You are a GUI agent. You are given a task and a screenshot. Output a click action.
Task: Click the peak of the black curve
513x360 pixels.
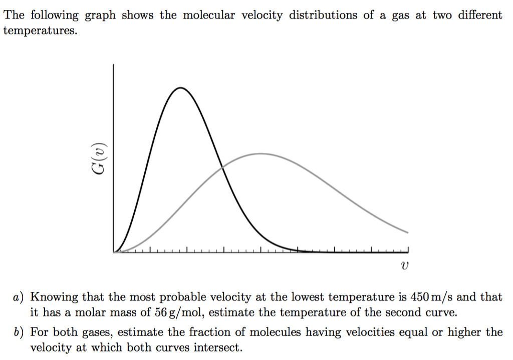[x=179, y=88]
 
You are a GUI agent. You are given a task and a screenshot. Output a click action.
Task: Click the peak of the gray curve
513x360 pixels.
[x=260, y=153]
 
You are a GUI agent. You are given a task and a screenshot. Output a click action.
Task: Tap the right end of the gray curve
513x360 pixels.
[x=408, y=233]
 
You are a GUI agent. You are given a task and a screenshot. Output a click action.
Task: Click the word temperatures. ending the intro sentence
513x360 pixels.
[x=41, y=31]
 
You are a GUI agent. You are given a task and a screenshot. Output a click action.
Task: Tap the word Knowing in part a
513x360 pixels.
[x=54, y=297]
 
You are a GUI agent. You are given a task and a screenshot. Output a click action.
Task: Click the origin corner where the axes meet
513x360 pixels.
[x=114, y=252]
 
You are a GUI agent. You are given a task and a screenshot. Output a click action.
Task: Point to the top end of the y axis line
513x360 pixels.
[x=114, y=65]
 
